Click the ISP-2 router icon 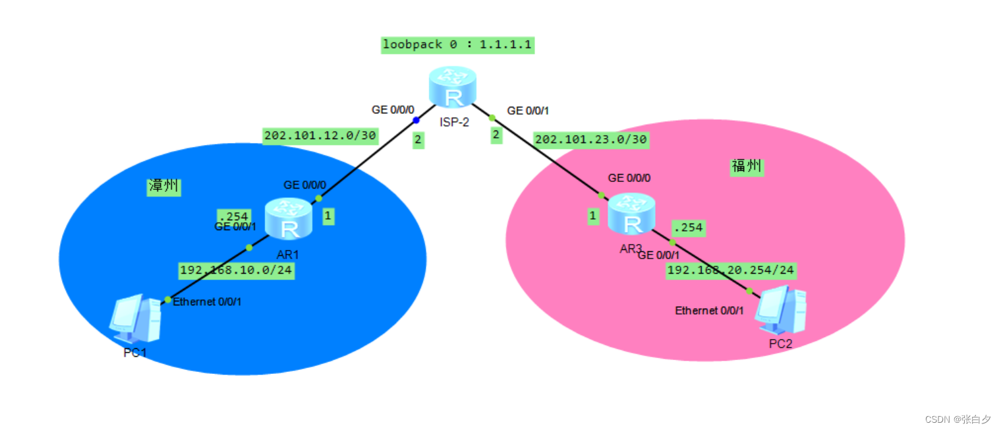[x=451, y=87]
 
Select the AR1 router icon [x=288, y=220]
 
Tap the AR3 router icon [x=631, y=214]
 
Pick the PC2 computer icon [x=780, y=310]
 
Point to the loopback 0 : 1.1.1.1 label [x=457, y=46]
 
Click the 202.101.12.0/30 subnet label [x=320, y=136]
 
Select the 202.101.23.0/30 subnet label [x=590, y=139]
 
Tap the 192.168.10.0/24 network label [x=236, y=270]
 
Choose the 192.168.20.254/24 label [x=731, y=270]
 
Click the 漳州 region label [x=163, y=187]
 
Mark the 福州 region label [x=747, y=166]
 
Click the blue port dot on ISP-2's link [x=416, y=120]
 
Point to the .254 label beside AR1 [x=233, y=216]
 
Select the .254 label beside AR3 [x=687, y=228]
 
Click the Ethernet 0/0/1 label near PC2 [x=709, y=311]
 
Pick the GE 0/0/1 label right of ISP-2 [x=527, y=111]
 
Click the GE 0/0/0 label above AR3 [x=629, y=178]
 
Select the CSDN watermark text [x=958, y=419]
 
